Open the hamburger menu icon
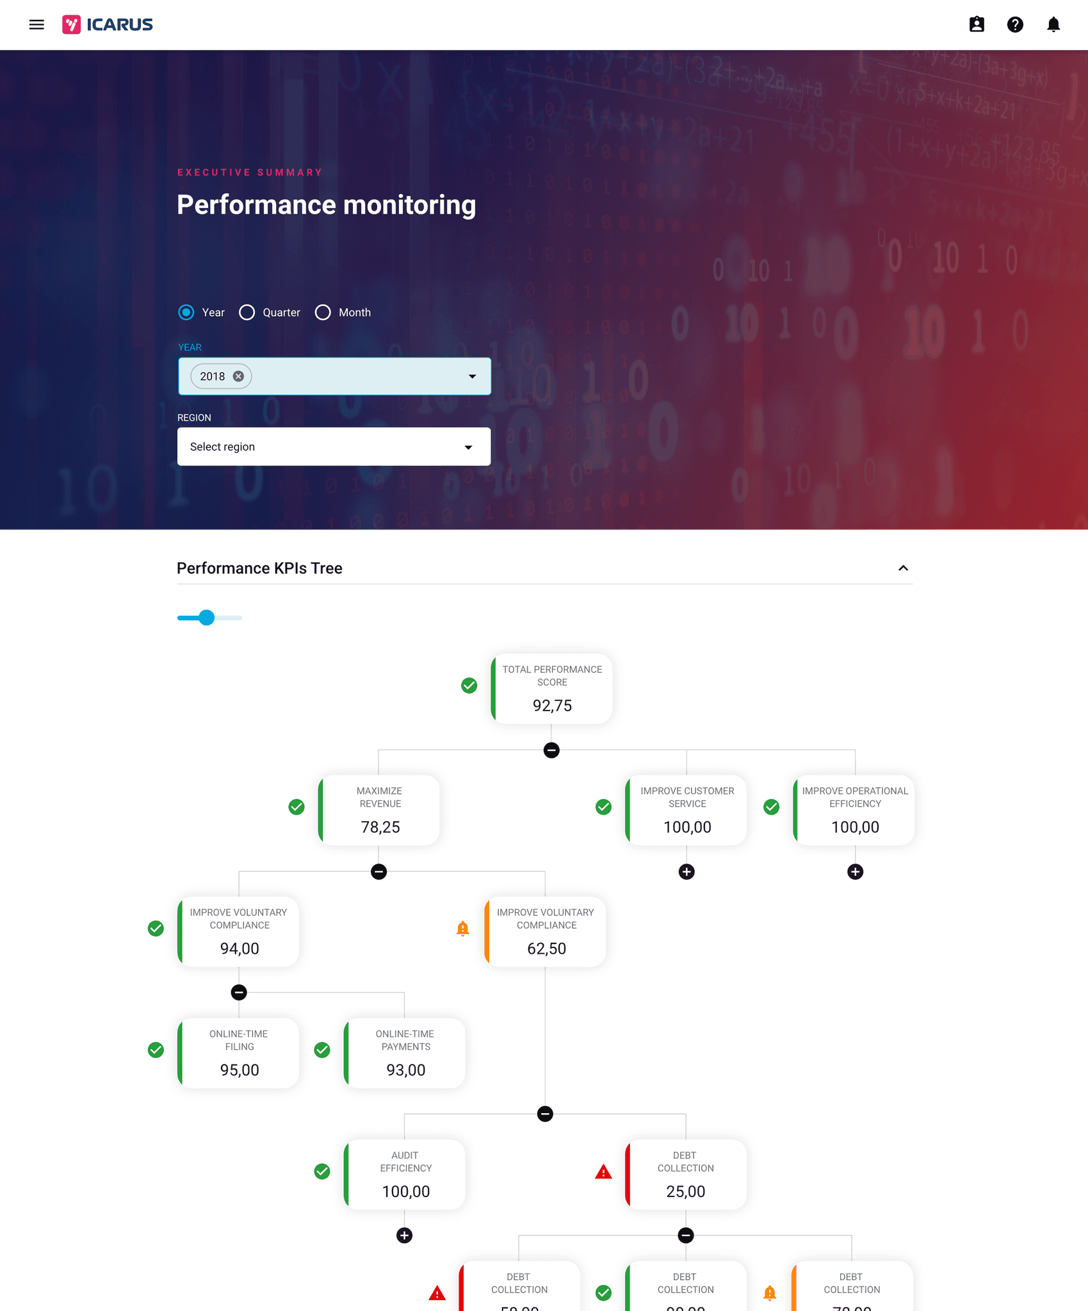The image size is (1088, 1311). coord(37,25)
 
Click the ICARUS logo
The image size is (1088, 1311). coord(108,25)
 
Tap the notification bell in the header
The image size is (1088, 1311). coord(1053,25)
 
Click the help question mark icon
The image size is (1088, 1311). coord(1014,25)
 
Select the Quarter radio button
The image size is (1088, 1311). coord(247,312)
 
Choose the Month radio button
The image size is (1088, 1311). coord(323,312)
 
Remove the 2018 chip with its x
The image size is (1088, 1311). coord(238,376)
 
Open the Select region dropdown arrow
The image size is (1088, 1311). coord(468,447)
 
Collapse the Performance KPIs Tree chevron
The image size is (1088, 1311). coord(903,568)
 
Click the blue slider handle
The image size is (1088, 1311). coord(206,618)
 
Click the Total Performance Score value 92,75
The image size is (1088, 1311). coord(552,705)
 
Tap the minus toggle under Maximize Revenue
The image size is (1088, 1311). coord(378,872)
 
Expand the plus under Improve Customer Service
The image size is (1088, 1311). coord(686,872)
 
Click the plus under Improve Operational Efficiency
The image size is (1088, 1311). coord(855,872)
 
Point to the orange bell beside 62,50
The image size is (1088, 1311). coord(462,929)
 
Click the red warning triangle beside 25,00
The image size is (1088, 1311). coord(603,1172)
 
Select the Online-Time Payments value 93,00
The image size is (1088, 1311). coord(405,1070)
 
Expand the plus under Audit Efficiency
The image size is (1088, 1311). coord(404,1235)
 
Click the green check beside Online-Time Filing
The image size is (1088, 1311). coord(156,1050)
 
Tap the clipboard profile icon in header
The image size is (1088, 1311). coord(976,25)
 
